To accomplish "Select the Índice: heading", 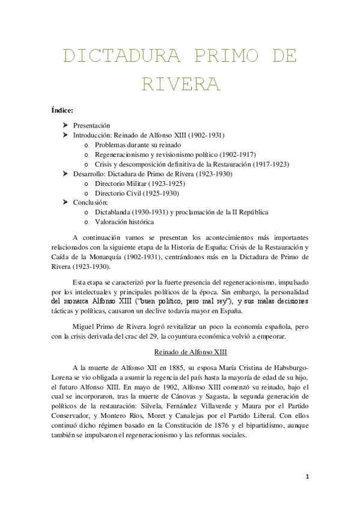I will pos(62,109).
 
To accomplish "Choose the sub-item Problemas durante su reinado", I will pos(138,145).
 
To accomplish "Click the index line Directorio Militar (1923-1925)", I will pos(139,183).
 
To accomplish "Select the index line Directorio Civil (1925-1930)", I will pos(136,192).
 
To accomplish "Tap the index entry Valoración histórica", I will pos(125,221).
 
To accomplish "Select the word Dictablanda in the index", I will pos(115,212).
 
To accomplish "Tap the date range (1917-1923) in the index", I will pos(269,164).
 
